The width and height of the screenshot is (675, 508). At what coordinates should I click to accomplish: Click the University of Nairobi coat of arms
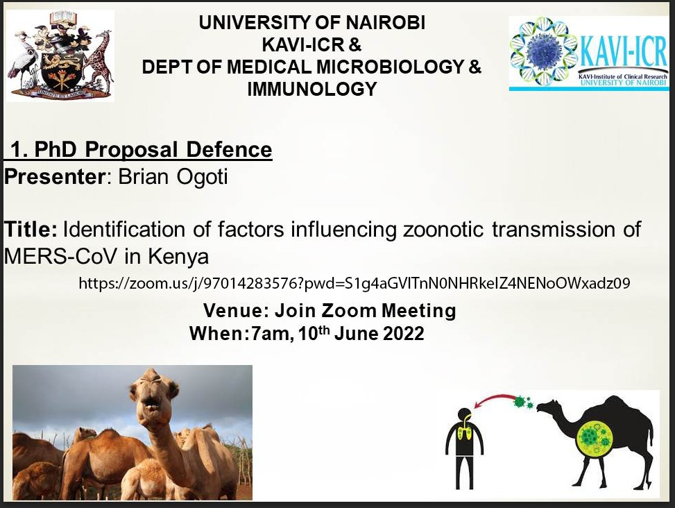point(60,55)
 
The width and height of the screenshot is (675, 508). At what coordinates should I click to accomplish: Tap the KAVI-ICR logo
point(588,53)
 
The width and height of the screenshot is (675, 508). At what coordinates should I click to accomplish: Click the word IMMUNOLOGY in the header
point(312,89)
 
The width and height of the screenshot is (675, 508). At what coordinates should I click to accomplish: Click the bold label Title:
point(31,229)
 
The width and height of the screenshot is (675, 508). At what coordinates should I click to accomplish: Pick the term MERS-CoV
point(60,257)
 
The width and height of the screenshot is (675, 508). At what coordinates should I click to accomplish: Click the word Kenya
point(179,257)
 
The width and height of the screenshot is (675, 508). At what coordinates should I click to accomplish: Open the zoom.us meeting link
point(354,283)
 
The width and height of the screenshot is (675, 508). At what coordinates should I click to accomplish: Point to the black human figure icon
point(464,448)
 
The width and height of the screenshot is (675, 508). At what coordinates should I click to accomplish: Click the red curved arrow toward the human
point(493,398)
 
